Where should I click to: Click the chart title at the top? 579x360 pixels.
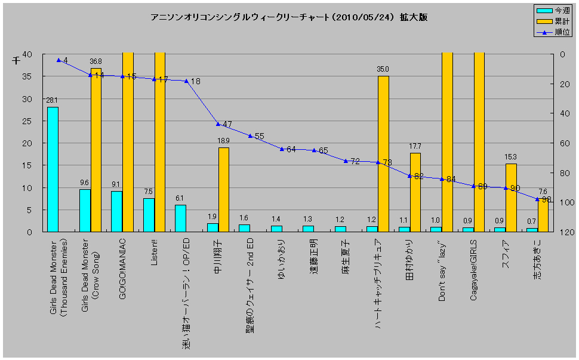tap(289, 17)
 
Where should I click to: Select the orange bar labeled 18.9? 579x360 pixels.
tap(223, 189)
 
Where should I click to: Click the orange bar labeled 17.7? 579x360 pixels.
tap(415, 192)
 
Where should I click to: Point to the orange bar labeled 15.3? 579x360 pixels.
tap(511, 198)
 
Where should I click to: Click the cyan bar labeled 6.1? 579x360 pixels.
tap(180, 218)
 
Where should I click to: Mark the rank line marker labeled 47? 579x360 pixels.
tap(218, 124)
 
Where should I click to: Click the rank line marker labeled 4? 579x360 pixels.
tap(58, 60)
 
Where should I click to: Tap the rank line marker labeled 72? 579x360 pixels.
tap(346, 161)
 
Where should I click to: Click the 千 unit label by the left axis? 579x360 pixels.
tap(17, 60)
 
